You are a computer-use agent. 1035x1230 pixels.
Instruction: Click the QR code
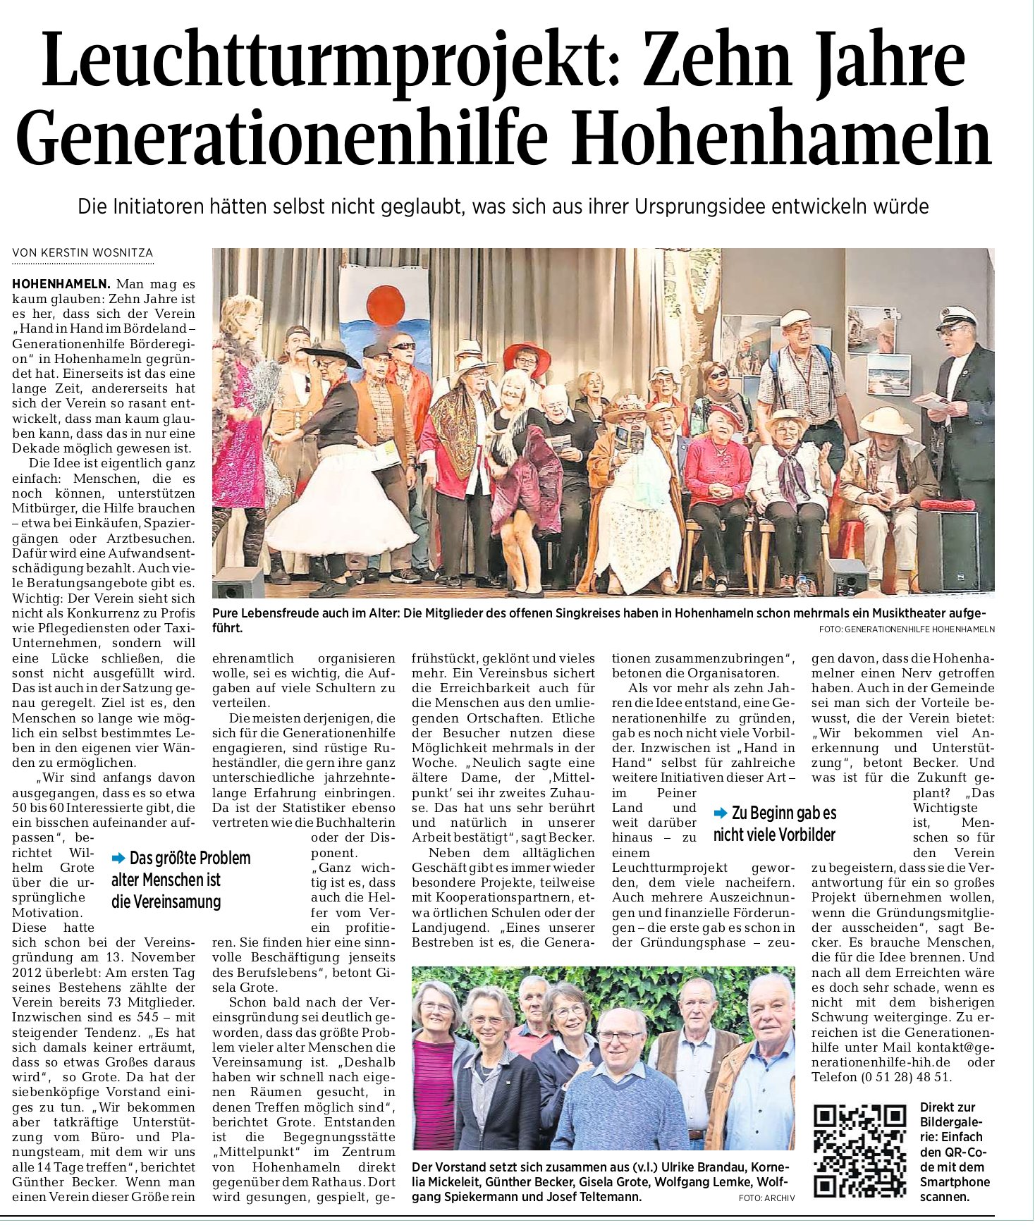pos(859,1151)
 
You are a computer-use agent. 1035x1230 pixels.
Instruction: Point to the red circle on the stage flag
pos(385,307)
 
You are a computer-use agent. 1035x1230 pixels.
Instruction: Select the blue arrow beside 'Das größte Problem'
pos(118,858)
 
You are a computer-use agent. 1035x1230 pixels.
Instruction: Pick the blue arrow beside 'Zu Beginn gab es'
pos(721,813)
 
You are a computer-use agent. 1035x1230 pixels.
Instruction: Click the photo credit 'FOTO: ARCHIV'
pos(766,1198)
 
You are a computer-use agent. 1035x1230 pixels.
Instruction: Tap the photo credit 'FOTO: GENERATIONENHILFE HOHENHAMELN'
pos(907,629)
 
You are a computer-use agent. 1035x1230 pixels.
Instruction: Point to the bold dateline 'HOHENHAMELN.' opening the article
pos(61,284)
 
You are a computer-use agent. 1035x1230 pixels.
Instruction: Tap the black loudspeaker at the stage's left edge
pos(238,582)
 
